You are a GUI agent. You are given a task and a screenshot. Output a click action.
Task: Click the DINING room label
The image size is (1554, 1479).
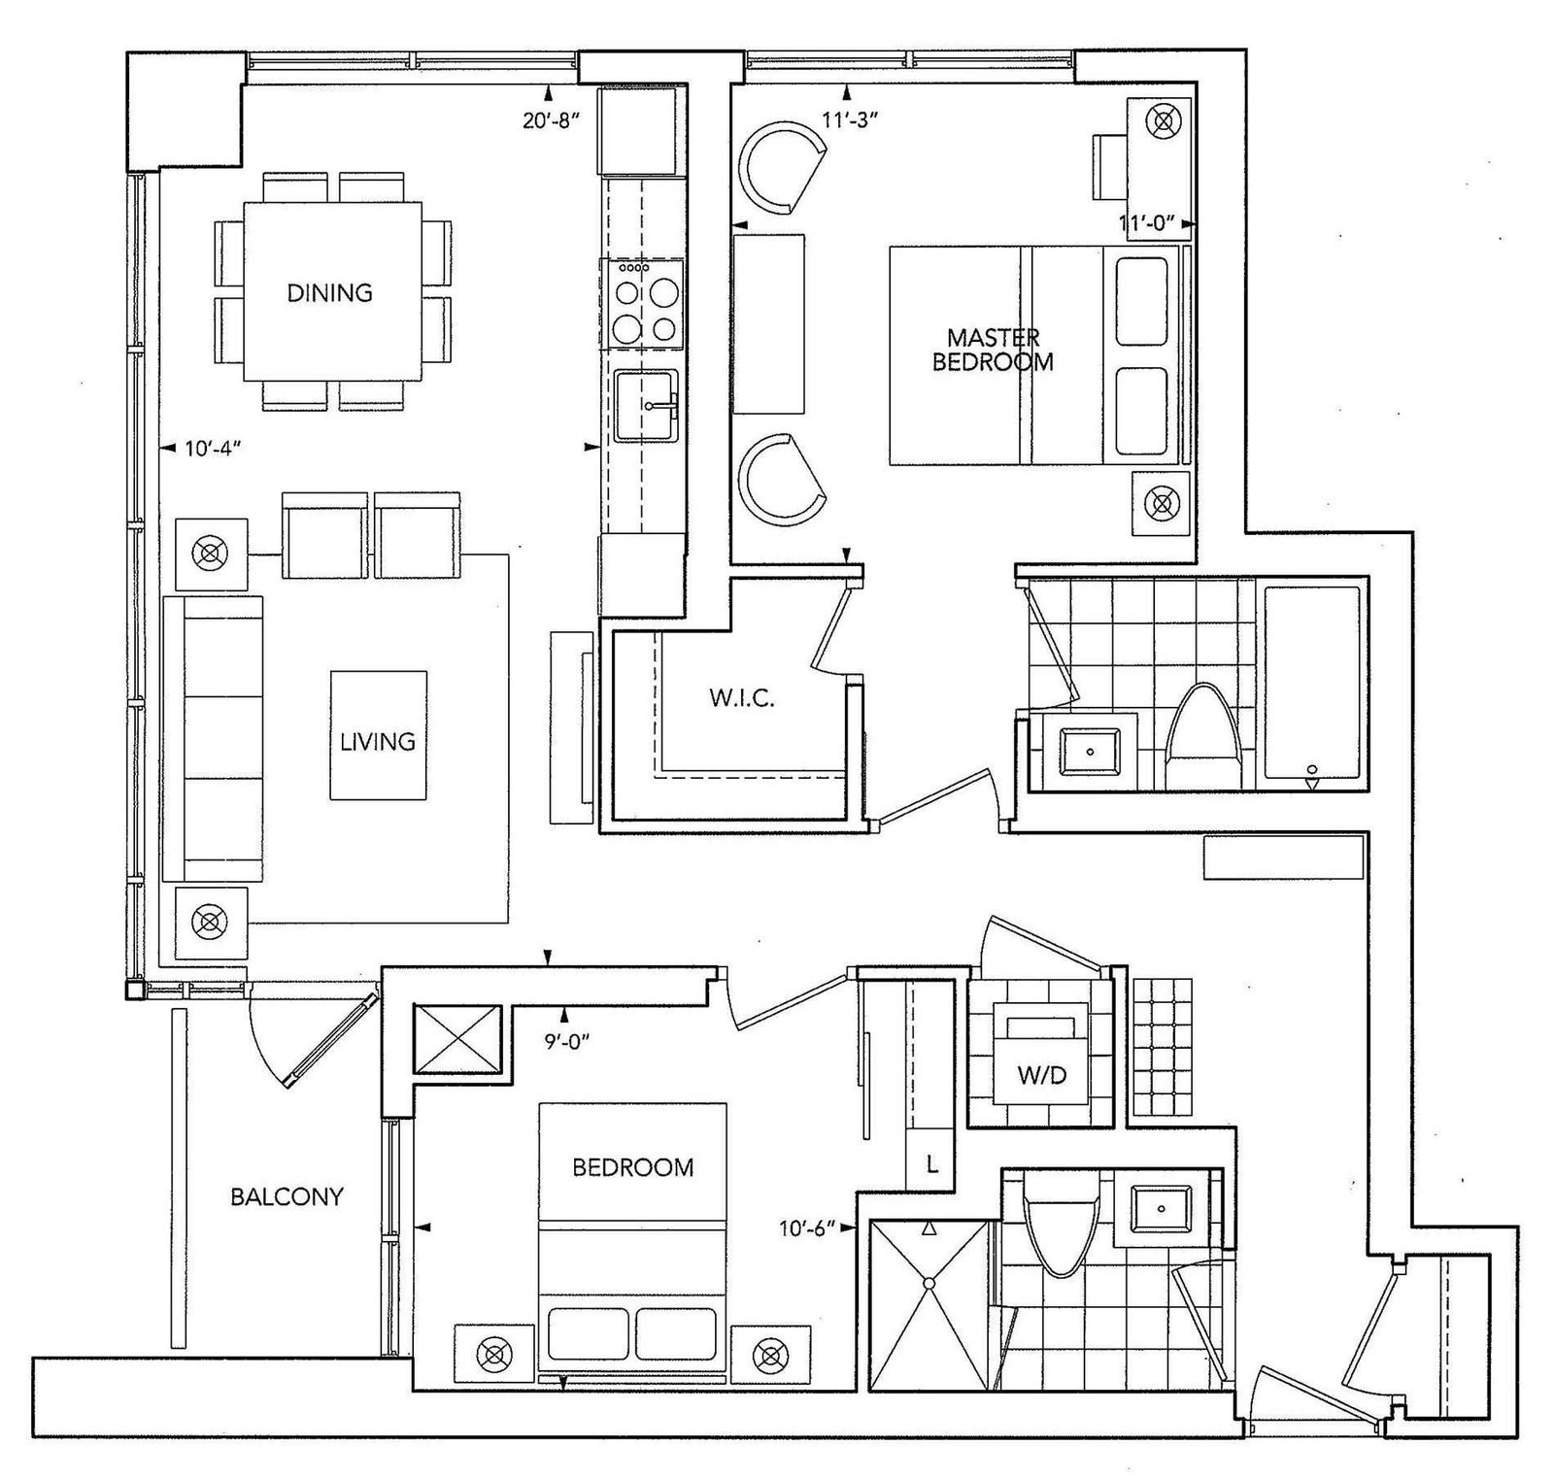tap(329, 292)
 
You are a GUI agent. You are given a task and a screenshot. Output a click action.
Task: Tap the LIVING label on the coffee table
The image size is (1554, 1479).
tap(377, 741)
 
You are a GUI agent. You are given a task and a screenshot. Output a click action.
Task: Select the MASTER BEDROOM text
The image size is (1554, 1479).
tap(993, 350)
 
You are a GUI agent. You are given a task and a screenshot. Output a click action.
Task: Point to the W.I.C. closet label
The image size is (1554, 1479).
tap(741, 698)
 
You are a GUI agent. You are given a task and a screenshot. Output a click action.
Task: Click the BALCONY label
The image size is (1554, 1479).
tap(287, 1196)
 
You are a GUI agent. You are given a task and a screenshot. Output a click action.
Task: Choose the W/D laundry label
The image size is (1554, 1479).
tap(1041, 1075)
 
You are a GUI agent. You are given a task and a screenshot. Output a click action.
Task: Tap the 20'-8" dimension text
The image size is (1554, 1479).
tap(551, 120)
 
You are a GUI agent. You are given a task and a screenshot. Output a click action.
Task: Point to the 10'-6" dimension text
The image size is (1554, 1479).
tap(807, 1228)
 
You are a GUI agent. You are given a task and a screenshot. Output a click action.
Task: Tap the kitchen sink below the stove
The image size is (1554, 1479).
tap(646, 405)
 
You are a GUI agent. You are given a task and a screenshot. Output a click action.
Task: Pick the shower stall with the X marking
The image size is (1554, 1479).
tap(929, 1285)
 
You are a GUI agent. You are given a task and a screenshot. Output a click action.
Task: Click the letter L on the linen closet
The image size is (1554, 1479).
tap(931, 1164)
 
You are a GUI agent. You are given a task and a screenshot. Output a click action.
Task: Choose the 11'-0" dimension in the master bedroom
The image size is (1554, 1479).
tap(1153, 223)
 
